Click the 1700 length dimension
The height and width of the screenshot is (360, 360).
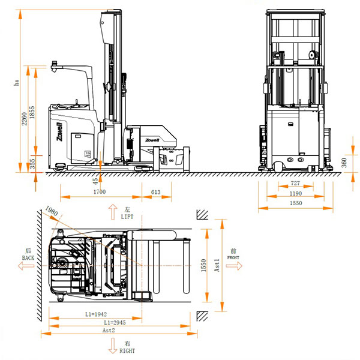click(x=100, y=192)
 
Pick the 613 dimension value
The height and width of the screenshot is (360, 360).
click(x=155, y=192)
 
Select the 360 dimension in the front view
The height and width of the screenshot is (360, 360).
click(x=344, y=162)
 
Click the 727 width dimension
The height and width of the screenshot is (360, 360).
click(x=295, y=183)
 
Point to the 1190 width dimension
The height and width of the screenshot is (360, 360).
click(x=295, y=194)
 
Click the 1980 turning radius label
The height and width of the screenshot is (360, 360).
click(x=51, y=213)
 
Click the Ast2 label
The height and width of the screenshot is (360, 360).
click(x=109, y=331)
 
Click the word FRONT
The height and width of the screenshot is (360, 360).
click(x=233, y=257)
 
